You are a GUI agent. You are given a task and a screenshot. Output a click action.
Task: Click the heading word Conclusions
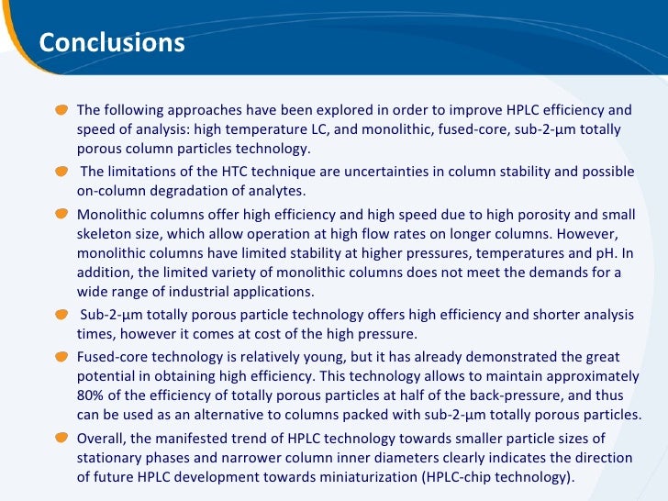[x=112, y=43]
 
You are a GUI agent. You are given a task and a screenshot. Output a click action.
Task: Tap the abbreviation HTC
[x=243, y=173]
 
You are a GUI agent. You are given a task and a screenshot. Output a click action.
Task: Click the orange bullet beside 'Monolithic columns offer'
[x=61, y=215]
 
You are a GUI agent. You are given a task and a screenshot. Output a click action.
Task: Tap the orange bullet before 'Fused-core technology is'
[x=61, y=356]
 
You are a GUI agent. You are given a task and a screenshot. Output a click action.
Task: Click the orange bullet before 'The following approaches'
[x=61, y=110]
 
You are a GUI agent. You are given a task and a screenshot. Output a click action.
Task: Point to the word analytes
[x=275, y=191]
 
